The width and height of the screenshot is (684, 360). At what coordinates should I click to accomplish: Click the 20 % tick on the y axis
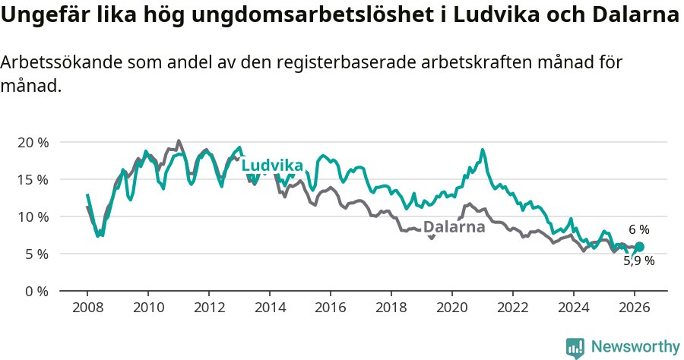click(x=33, y=142)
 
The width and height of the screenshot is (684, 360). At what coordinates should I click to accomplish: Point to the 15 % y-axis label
click(x=33, y=179)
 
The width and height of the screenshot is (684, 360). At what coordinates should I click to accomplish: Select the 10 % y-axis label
click(x=33, y=216)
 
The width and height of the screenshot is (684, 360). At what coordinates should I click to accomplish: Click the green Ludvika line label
click(x=272, y=166)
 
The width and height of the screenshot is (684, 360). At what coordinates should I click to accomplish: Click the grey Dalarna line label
click(x=454, y=226)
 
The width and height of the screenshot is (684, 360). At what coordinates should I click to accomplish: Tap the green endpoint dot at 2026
click(x=639, y=247)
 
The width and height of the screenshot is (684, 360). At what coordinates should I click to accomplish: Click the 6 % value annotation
click(x=638, y=229)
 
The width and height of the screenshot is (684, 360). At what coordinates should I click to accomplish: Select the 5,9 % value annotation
click(x=638, y=261)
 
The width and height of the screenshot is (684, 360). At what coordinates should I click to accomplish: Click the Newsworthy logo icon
click(x=575, y=348)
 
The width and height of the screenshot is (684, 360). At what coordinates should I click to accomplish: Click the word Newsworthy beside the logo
click(x=635, y=347)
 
